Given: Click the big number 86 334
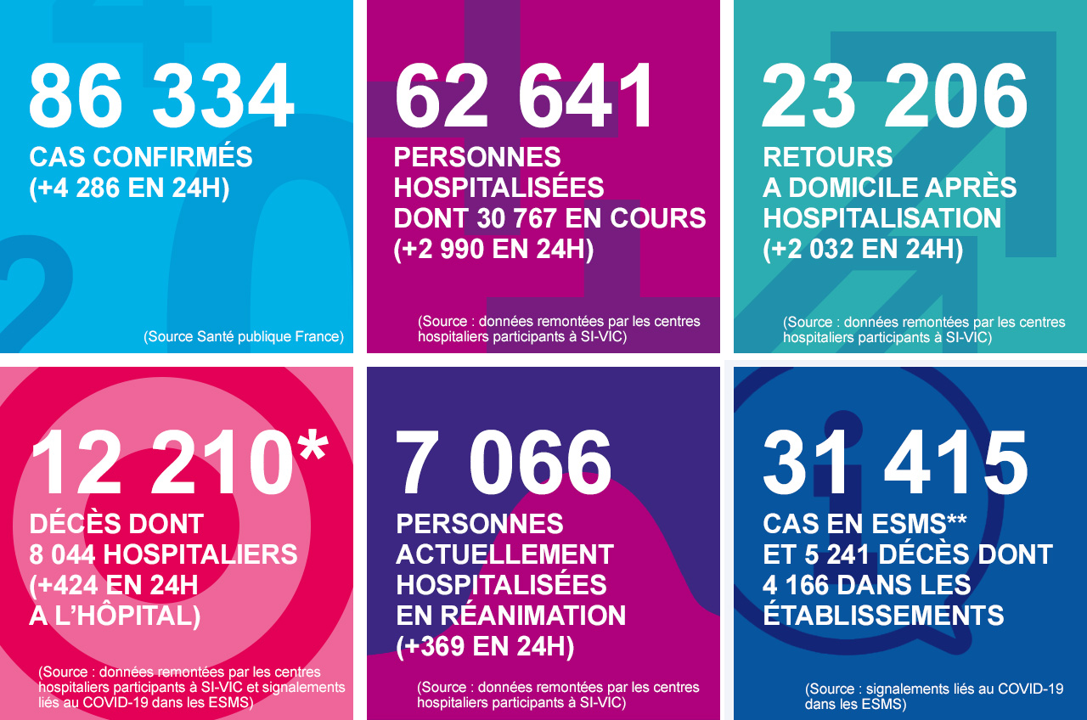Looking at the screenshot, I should [161, 96].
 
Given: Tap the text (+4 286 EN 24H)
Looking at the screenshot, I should [129, 188].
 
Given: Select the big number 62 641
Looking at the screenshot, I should [525, 96].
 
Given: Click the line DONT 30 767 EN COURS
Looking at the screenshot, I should [549, 218].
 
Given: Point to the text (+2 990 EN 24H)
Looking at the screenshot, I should [493, 250].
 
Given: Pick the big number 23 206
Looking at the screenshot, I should [894, 96].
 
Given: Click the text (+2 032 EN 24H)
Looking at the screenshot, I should [863, 250].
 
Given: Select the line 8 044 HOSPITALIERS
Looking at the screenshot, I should [163, 554].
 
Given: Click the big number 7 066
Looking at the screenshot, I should [504, 463].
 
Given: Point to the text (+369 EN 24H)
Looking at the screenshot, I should [485, 647].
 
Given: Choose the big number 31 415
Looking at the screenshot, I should [895, 463].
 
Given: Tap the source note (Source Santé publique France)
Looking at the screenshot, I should [244, 336].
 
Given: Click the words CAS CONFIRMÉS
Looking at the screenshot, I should [141, 157].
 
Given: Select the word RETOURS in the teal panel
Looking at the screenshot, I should [827, 157].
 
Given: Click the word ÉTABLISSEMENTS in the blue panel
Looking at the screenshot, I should [883, 616].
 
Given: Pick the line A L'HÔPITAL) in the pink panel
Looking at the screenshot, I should [115, 616].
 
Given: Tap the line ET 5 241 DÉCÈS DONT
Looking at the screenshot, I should [907, 555].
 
